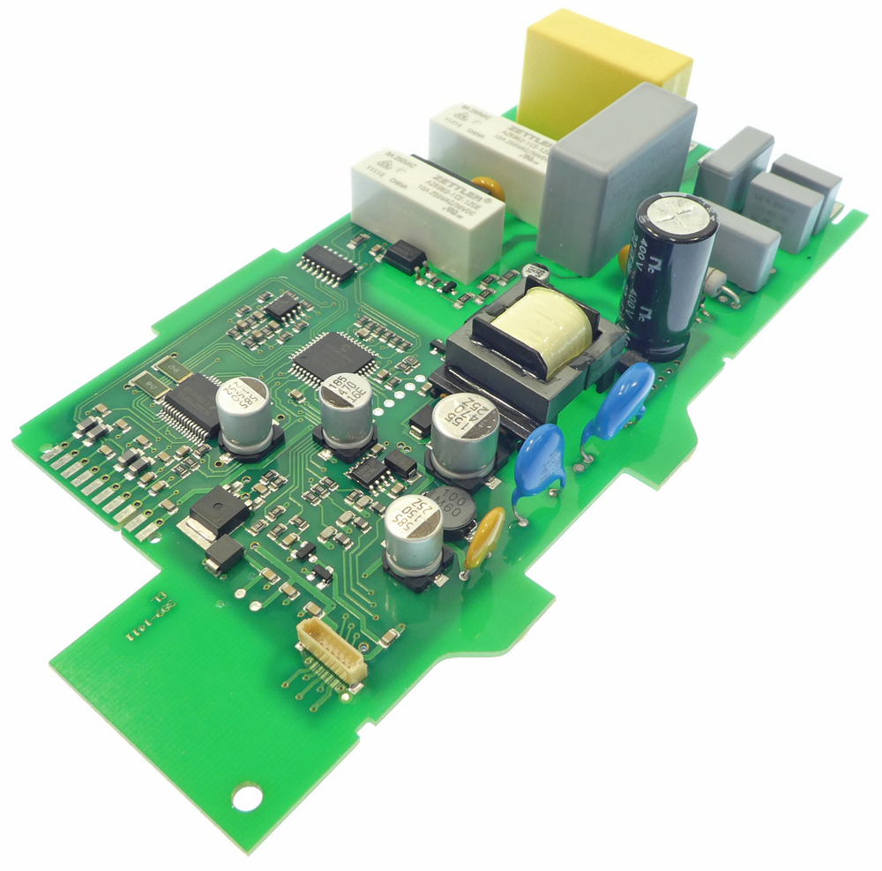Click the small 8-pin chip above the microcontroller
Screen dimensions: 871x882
point(283,306)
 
